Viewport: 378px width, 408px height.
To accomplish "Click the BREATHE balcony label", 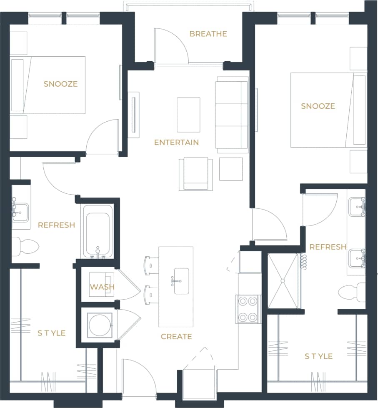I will point(208,34).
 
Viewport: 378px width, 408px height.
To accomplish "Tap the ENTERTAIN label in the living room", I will point(176,143).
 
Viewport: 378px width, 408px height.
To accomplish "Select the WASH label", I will point(102,287).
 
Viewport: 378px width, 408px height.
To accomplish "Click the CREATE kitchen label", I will point(176,336).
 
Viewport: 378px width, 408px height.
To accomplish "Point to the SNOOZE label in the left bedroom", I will point(60,84).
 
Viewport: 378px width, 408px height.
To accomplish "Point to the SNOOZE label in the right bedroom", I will point(318,106).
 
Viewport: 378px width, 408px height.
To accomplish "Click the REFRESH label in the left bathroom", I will point(56,225).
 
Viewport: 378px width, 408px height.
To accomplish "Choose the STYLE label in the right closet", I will point(318,356).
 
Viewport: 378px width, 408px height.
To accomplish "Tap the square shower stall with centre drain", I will point(283,280).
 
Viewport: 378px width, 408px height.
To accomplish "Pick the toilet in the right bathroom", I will point(352,292).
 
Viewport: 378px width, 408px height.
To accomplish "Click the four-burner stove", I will point(248,309).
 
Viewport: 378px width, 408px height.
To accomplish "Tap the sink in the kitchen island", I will point(181,281).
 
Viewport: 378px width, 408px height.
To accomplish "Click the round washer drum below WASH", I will point(100,325).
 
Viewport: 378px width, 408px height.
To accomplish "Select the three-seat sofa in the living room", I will point(231,115).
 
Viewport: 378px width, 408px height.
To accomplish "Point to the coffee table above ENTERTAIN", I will point(188,115).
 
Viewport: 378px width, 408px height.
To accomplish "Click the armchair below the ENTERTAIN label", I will point(195,173).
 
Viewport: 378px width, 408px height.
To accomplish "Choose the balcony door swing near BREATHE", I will point(171,47).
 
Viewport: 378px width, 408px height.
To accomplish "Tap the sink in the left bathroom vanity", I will point(20,211).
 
